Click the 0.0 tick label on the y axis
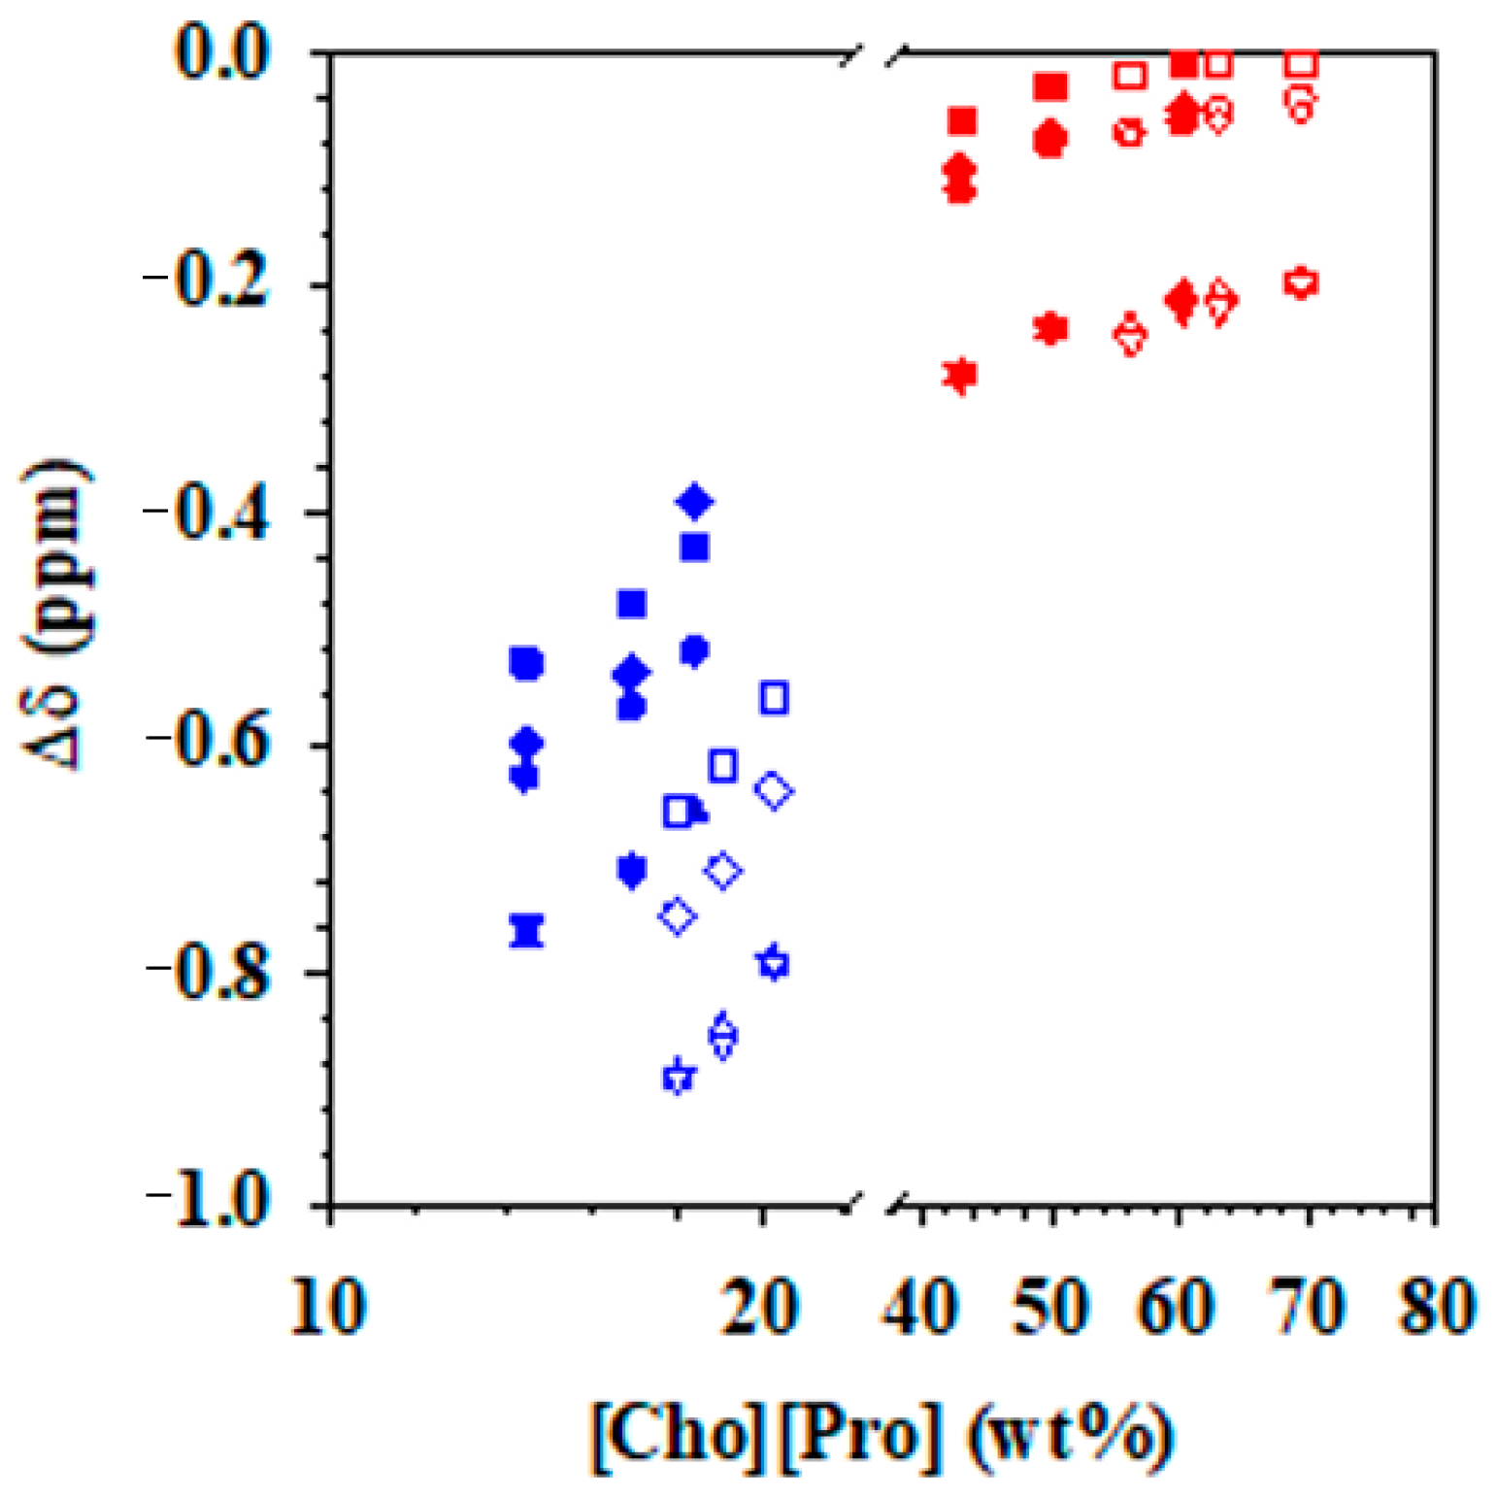click(x=221, y=53)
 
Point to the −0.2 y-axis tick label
click(x=206, y=284)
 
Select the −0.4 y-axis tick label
click(x=206, y=513)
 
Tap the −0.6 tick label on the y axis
click(x=206, y=744)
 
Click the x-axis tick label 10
click(x=329, y=1306)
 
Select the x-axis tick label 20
click(x=762, y=1306)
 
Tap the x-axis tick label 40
click(x=919, y=1306)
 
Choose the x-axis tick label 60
click(x=1178, y=1306)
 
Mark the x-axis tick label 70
click(x=1308, y=1306)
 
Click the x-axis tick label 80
click(x=1436, y=1306)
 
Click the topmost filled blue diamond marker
click(x=694, y=502)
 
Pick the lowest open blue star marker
click(x=679, y=1076)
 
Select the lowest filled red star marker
click(x=960, y=375)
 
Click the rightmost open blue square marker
click(x=774, y=698)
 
